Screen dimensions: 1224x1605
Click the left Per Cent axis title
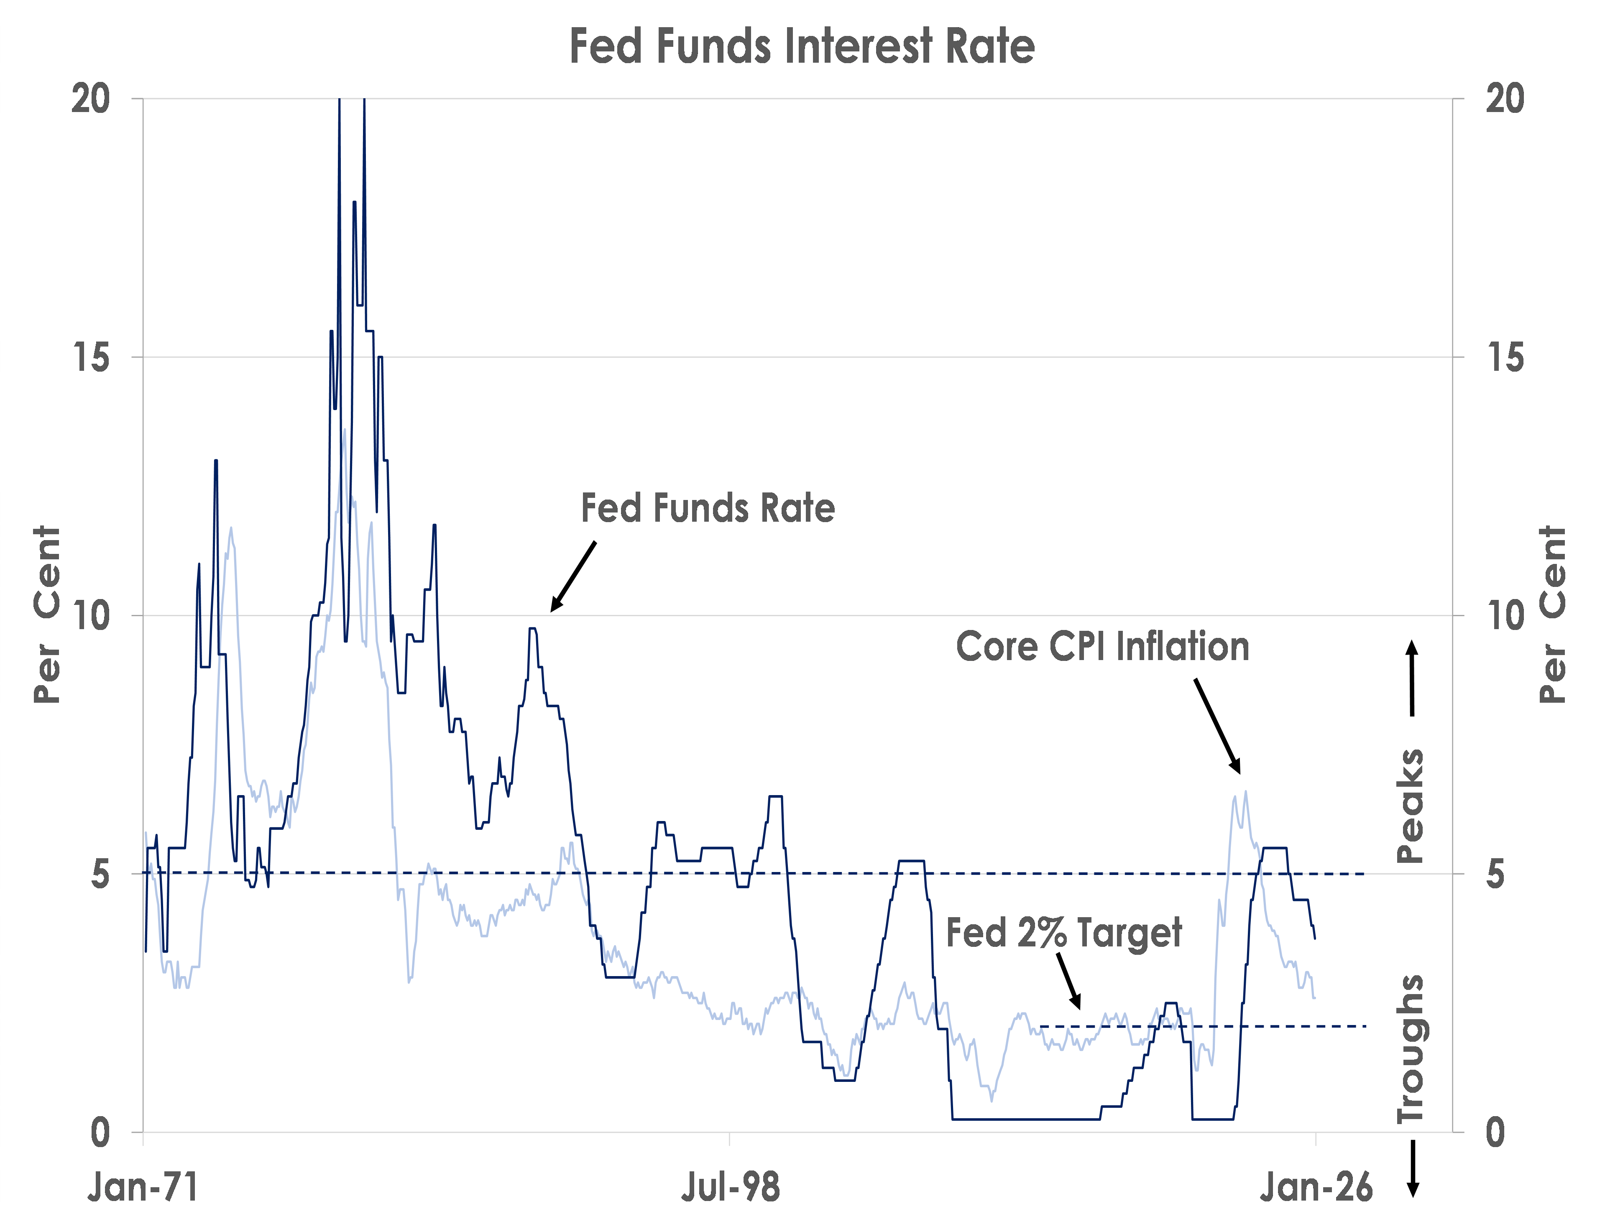pyautogui.click(x=47, y=616)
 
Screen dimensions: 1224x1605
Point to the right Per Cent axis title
pyautogui.click(x=1553, y=616)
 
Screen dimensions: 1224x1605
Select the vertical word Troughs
pyautogui.click(x=1411, y=1049)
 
